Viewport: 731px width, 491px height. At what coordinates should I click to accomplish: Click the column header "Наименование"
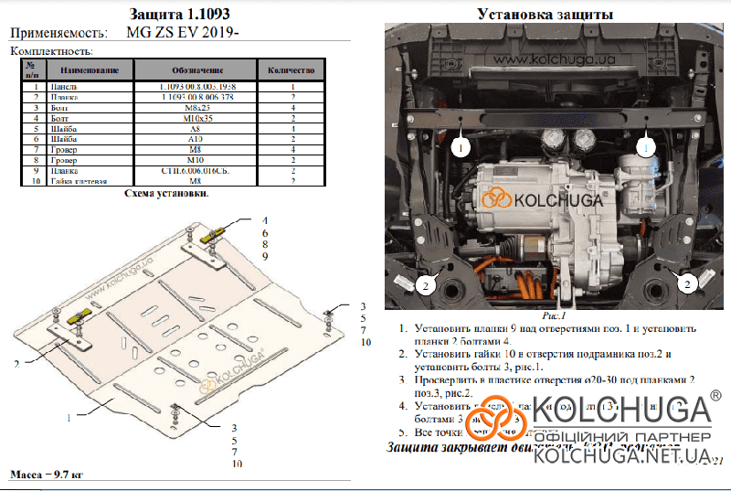[x=88, y=70]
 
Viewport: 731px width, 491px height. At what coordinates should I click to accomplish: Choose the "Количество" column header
[x=292, y=70]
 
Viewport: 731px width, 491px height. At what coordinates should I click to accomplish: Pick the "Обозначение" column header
[x=197, y=70]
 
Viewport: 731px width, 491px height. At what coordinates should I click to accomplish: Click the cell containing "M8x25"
[x=198, y=108]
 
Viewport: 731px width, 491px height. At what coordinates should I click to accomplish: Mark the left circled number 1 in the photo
[x=461, y=146]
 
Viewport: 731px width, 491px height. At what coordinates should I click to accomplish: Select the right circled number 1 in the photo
[x=647, y=146]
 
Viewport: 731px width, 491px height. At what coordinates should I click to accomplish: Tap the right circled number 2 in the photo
[x=683, y=285]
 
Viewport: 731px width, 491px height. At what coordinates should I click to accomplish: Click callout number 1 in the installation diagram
[x=68, y=417]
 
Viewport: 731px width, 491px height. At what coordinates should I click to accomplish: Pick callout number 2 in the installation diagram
[x=16, y=364]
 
